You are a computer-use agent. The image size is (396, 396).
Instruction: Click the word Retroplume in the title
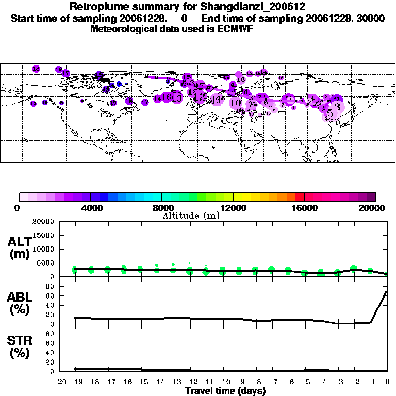(x=95, y=7)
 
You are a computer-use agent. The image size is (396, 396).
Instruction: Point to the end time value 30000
(x=370, y=19)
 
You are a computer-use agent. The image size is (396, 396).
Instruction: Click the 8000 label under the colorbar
(x=162, y=208)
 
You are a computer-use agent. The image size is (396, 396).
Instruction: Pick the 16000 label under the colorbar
(x=305, y=208)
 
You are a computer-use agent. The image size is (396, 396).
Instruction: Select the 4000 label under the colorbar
(x=91, y=208)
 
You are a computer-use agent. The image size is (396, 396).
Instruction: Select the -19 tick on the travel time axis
(x=75, y=382)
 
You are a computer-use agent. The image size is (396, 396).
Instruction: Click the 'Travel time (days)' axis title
(x=225, y=391)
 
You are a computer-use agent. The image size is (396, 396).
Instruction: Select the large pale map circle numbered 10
(x=236, y=103)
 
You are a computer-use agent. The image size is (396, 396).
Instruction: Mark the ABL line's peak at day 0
(x=387, y=291)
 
